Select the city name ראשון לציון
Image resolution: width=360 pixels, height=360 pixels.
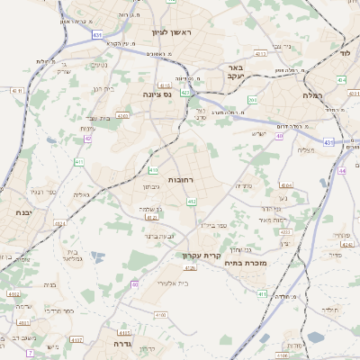click(x=185, y=31)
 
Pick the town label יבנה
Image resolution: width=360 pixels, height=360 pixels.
click(x=23, y=212)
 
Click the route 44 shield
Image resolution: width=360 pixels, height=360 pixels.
click(x=342, y=170)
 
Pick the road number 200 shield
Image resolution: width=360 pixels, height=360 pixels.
click(x=252, y=100)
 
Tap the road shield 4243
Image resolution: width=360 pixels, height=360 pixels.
click(x=122, y=115)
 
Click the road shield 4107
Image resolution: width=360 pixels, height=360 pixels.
click(x=76, y=339)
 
